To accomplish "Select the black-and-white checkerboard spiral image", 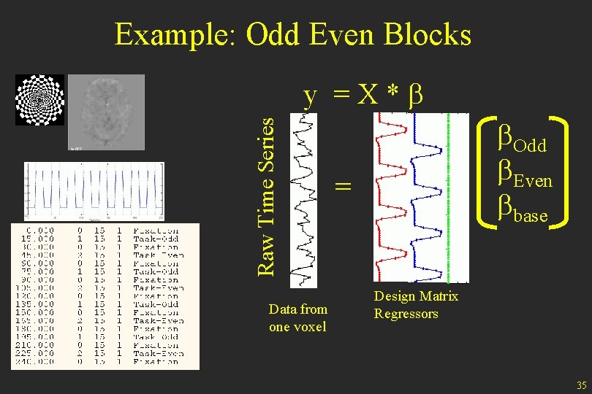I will (39, 100).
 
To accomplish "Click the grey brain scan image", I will (107, 113).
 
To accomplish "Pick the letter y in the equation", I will (311, 97).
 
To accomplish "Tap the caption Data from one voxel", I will (297, 318).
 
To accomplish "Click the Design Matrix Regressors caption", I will (415, 305).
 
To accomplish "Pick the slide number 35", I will (580, 385).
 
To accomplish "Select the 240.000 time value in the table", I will (37, 361).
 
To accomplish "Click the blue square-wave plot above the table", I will (94, 190).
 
